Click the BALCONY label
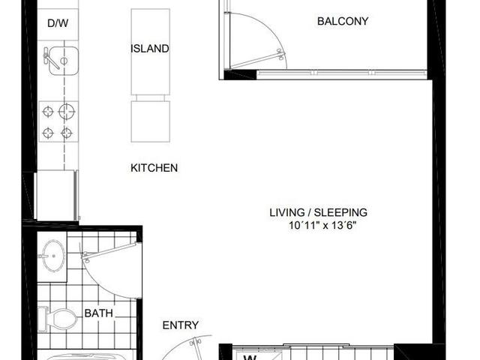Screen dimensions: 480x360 click(343, 21)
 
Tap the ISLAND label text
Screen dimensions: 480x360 click(150, 49)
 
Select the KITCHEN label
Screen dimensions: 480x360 click(154, 168)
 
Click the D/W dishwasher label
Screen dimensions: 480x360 click(58, 23)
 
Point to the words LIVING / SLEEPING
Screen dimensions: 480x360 click(318, 212)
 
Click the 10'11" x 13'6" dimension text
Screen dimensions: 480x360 click(322, 226)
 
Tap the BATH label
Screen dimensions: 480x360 click(98, 313)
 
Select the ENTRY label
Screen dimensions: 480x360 click(180, 325)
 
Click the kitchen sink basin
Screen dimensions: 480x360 click(64, 61)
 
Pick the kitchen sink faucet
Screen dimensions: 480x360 click(50, 59)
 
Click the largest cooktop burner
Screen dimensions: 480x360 click(67, 111)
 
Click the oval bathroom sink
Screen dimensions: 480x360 click(53, 256)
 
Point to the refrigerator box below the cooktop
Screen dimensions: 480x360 click(56, 195)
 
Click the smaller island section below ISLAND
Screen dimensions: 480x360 click(150, 121)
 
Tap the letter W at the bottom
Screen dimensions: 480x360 click(250, 358)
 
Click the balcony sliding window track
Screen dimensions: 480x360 click(342, 73)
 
